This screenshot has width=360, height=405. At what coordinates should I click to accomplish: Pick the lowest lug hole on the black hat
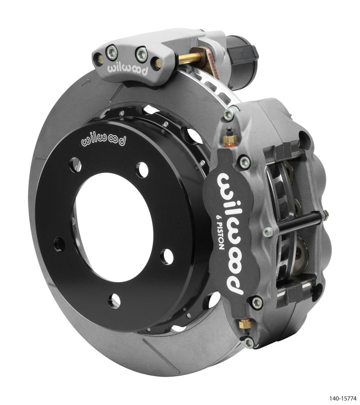point(114,300)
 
